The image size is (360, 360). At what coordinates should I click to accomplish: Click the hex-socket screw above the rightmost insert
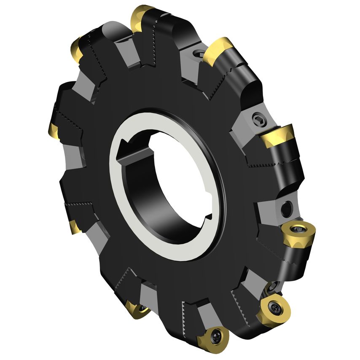click(258, 119)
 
